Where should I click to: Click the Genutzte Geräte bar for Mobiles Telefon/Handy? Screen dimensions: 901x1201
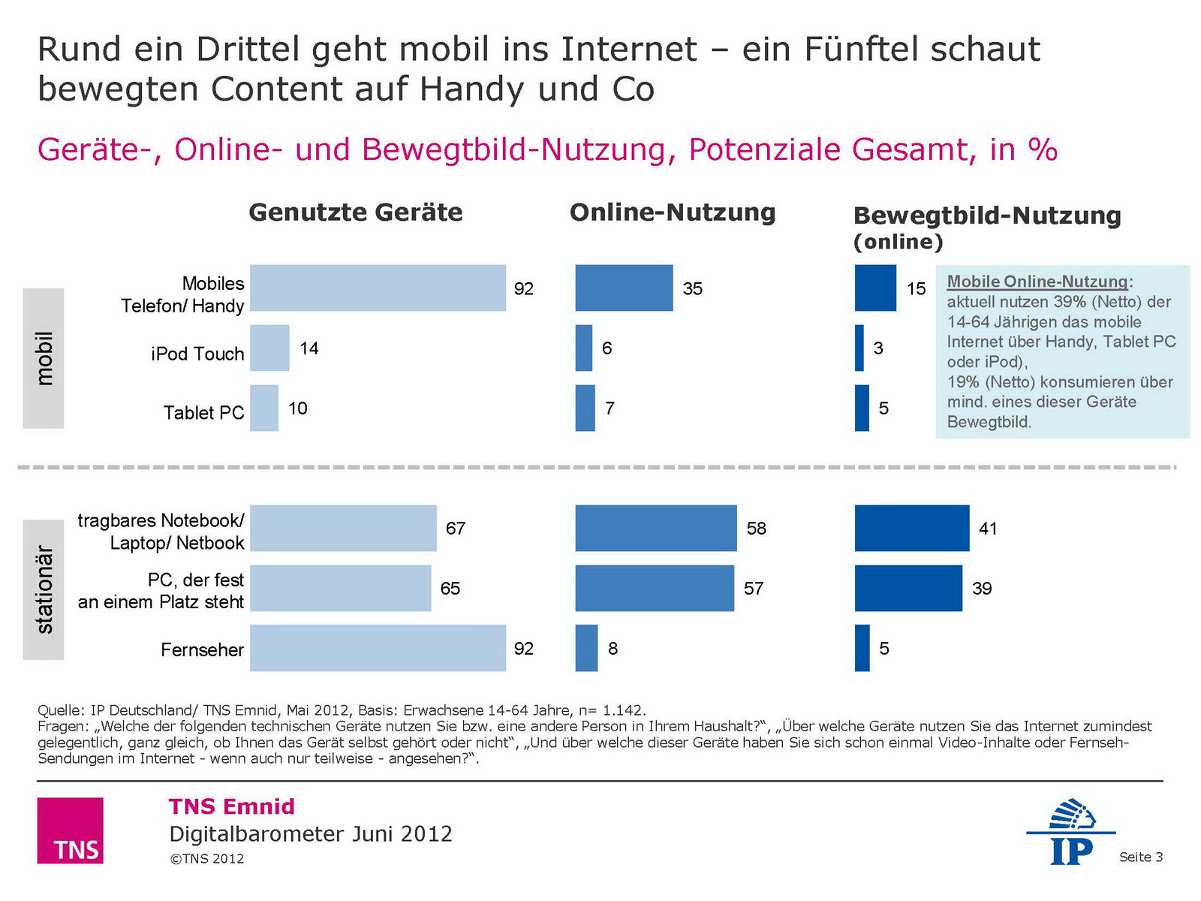(378, 288)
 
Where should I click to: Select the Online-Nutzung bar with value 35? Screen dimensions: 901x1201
(624, 288)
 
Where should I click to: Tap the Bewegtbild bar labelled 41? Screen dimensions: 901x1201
(911, 528)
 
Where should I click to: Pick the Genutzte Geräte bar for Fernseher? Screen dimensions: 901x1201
(378, 648)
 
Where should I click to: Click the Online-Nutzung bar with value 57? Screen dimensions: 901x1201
(655, 588)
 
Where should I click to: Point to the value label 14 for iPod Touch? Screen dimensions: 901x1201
(309, 348)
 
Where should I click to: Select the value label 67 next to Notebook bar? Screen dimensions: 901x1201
(456, 529)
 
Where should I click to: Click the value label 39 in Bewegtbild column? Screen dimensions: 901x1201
(982, 589)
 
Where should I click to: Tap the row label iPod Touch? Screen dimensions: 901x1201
(197, 354)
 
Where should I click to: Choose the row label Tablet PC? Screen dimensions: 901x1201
(204, 413)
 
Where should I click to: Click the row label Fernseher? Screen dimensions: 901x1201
(202, 649)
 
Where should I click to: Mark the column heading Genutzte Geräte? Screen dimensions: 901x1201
(356, 212)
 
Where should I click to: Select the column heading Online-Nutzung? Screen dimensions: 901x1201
(673, 212)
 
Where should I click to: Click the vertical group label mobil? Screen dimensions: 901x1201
(44, 358)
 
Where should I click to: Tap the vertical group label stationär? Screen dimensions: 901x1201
(44, 589)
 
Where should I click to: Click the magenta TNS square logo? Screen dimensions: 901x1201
(70, 830)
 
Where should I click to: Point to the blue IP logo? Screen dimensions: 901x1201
(1070, 832)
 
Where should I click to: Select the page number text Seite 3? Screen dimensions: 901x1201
(1141, 857)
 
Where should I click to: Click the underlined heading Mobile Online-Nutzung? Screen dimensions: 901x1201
(1038, 282)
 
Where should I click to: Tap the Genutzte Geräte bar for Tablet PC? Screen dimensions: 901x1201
(264, 408)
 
